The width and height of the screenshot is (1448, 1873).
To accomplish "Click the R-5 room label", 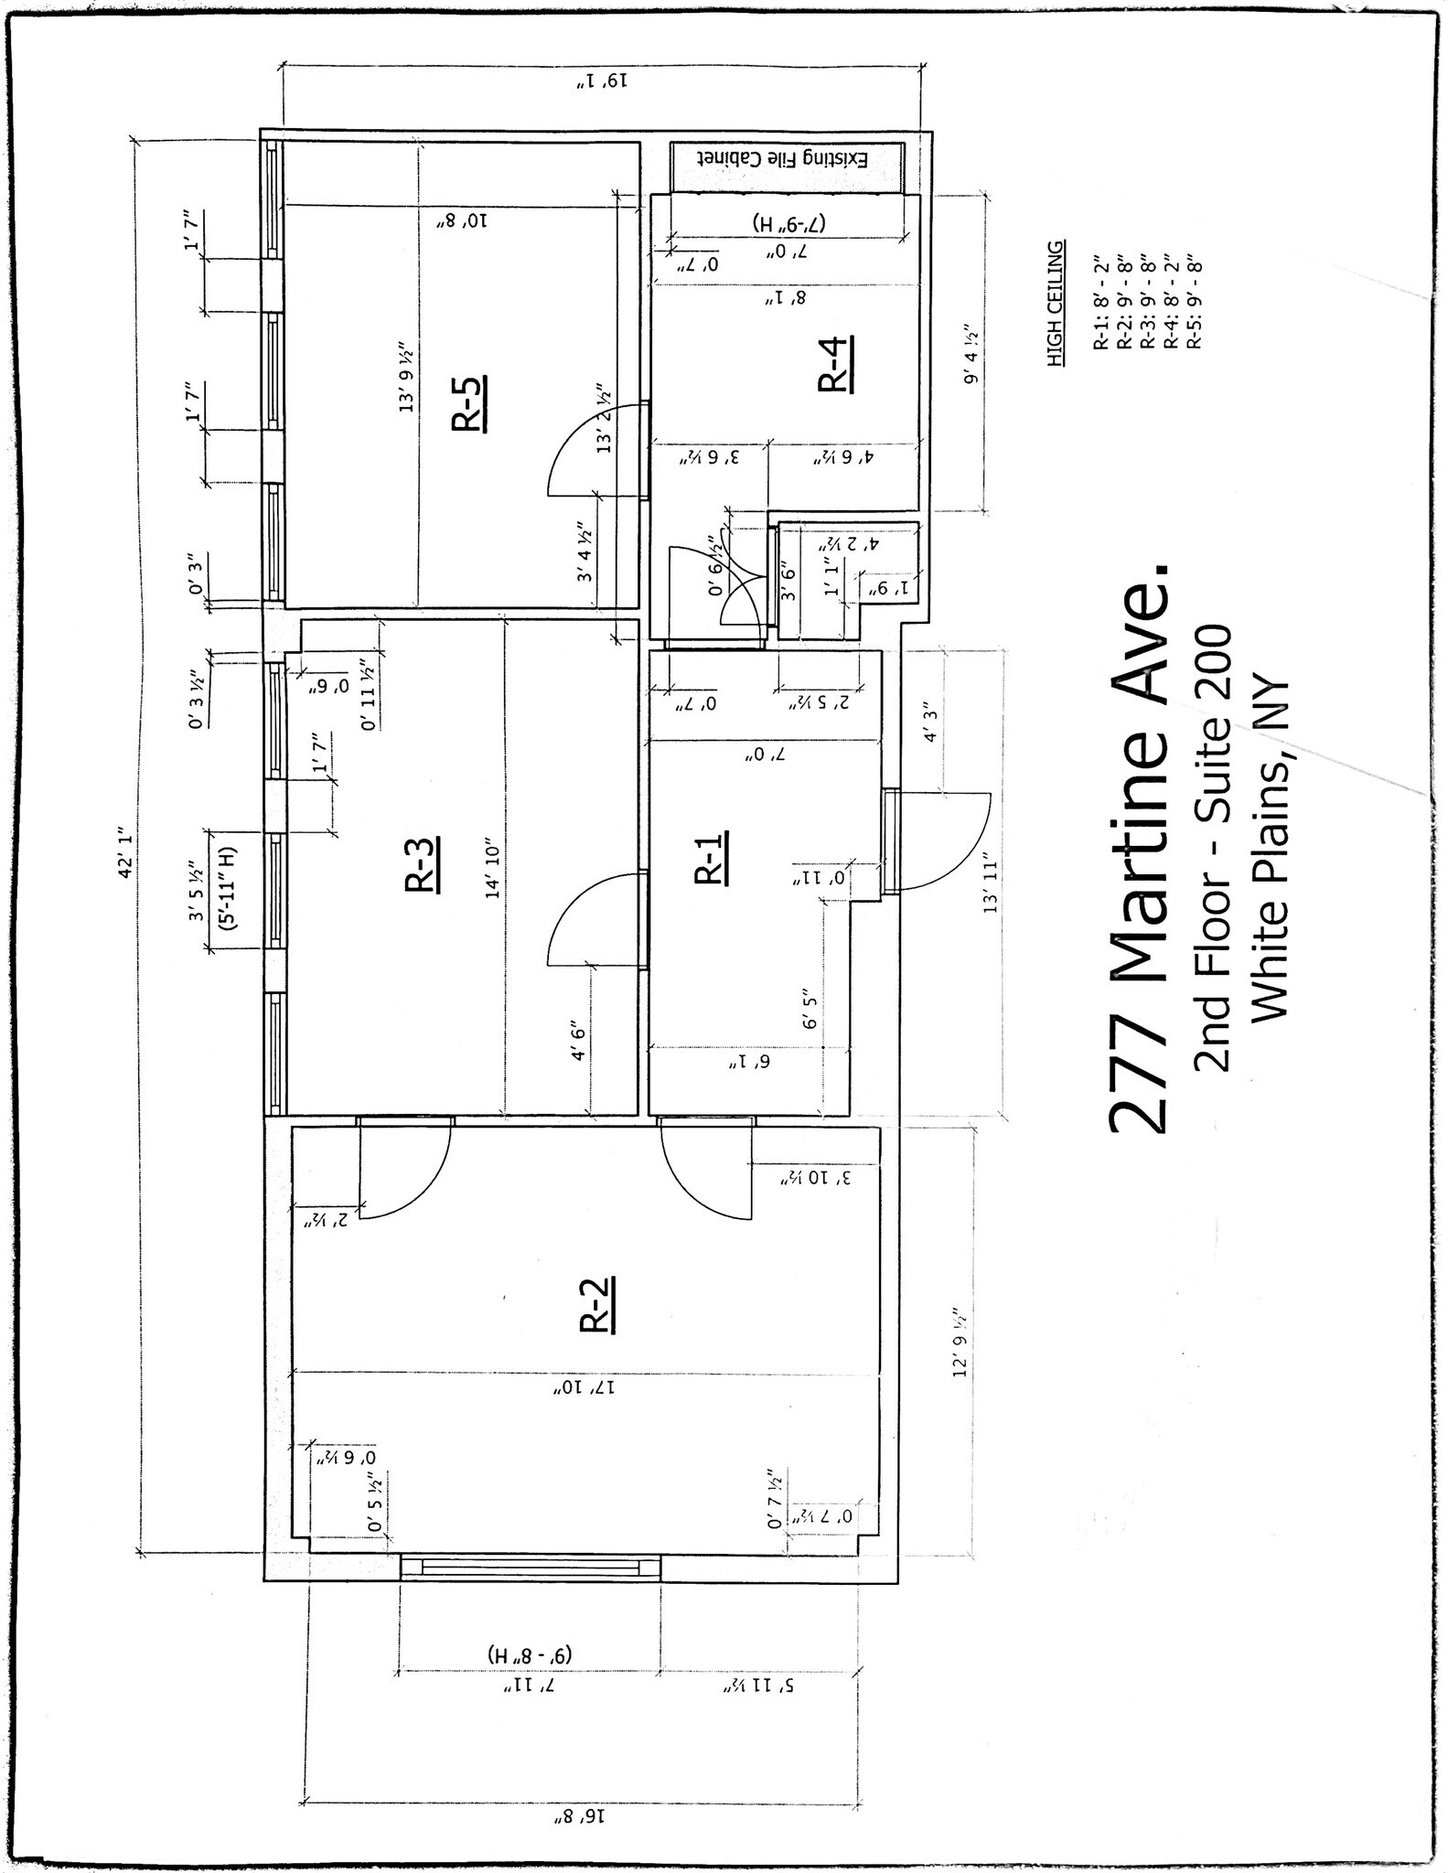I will click(470, 402).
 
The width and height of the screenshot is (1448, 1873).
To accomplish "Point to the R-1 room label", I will click(713, 857).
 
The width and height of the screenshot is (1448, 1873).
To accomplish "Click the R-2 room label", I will click(598, 1303).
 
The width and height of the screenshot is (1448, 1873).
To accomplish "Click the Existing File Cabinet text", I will click(787, 158).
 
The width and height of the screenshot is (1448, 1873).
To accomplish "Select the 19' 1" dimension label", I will click(604, 82).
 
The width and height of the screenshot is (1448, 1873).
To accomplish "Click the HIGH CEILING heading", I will click(1057, 305).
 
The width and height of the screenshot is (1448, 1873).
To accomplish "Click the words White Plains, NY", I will click(1269, 849).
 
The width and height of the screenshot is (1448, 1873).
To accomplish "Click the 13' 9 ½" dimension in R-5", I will click(407, 377).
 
